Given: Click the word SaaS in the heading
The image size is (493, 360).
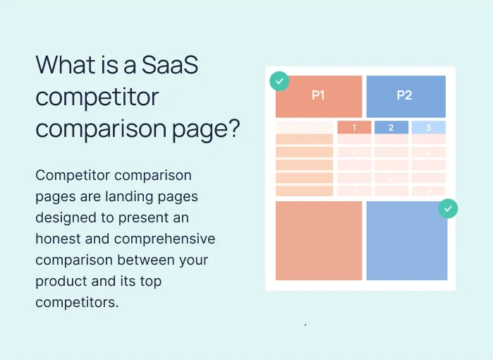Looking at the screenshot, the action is (170, 64).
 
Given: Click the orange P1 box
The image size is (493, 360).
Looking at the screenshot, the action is (319, 96).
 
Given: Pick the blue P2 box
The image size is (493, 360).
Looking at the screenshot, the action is (406, 96).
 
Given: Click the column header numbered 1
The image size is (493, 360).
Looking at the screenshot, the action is (354, 128).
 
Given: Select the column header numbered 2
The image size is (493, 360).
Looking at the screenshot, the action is (391, 128).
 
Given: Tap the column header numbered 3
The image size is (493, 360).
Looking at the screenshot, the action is (429, 128).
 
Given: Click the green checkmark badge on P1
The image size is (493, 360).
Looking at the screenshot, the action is (279, 81).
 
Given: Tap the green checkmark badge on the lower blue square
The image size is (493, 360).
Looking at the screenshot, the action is (448, 209).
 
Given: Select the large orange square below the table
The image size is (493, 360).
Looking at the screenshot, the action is (319, 241).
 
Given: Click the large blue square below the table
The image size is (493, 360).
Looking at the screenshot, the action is (407, 241).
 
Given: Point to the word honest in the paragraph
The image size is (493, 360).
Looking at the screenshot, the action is (58, 239).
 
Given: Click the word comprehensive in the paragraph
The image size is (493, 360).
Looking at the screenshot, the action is (165, 239).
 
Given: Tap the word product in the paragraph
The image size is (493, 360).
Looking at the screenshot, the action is (61, 282).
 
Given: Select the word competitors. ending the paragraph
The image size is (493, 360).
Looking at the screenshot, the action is (77, 302).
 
